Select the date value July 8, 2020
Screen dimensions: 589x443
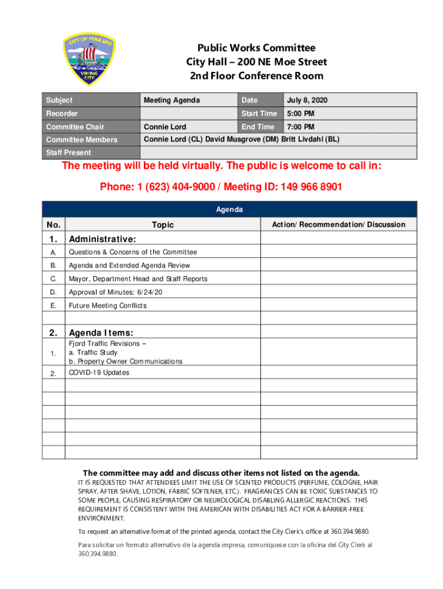[311, 101]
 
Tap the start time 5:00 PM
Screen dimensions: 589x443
[301, 114]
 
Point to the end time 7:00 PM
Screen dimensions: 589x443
[301, 127]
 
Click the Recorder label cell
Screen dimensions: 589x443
[62, 114]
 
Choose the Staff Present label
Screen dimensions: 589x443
[68, 152]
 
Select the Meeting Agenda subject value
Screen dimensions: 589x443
[171, 101]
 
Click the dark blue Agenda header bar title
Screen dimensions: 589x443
[229, 209]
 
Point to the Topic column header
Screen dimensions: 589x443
[163, 225]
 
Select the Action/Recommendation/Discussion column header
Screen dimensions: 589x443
[338, 224]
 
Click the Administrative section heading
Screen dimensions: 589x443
[102, 239]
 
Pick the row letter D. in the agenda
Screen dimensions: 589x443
[54, 292]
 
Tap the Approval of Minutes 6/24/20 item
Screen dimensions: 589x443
[116, 292]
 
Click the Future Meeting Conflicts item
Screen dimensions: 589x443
[108, 305]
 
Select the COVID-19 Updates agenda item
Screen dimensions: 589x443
[99, 373]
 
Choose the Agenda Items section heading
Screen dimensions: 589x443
[101, 332]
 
